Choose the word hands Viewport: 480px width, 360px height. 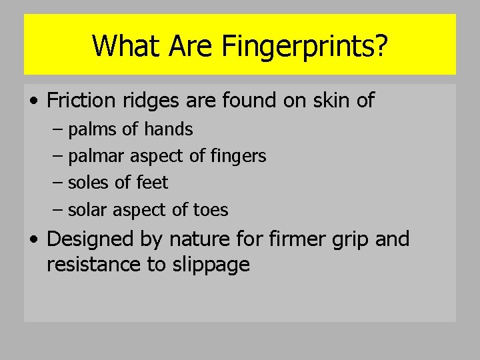coord(169,129)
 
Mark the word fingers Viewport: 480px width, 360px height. coord(238,157)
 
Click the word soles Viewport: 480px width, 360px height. coord(90,183)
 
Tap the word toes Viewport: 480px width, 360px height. coord(210,210)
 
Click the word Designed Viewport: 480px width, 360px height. coord(90,239)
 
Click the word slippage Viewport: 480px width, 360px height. coord(212,265)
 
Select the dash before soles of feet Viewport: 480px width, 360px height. coord(57,183)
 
